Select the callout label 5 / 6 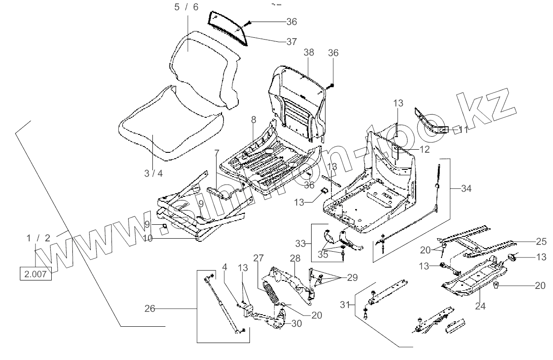click(x=186, y=7)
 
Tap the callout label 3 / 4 click(x=154, y=173)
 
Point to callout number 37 click(x=291, y=41)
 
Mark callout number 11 click(x=463, y=130)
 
